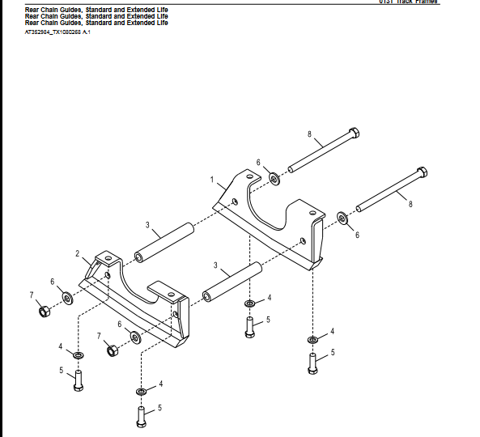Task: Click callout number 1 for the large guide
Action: (212, 178)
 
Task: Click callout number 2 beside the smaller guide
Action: (79, 253)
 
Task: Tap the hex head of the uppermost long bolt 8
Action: (353, 134)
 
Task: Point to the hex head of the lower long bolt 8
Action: (421, 173)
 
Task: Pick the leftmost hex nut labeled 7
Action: (45, 312)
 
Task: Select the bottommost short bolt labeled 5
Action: (142, 416)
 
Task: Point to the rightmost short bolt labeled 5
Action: (312, 363)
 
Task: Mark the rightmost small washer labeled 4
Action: (312, 339)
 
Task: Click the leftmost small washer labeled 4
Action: (78, 355)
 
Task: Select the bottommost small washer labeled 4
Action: (142, 392)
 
